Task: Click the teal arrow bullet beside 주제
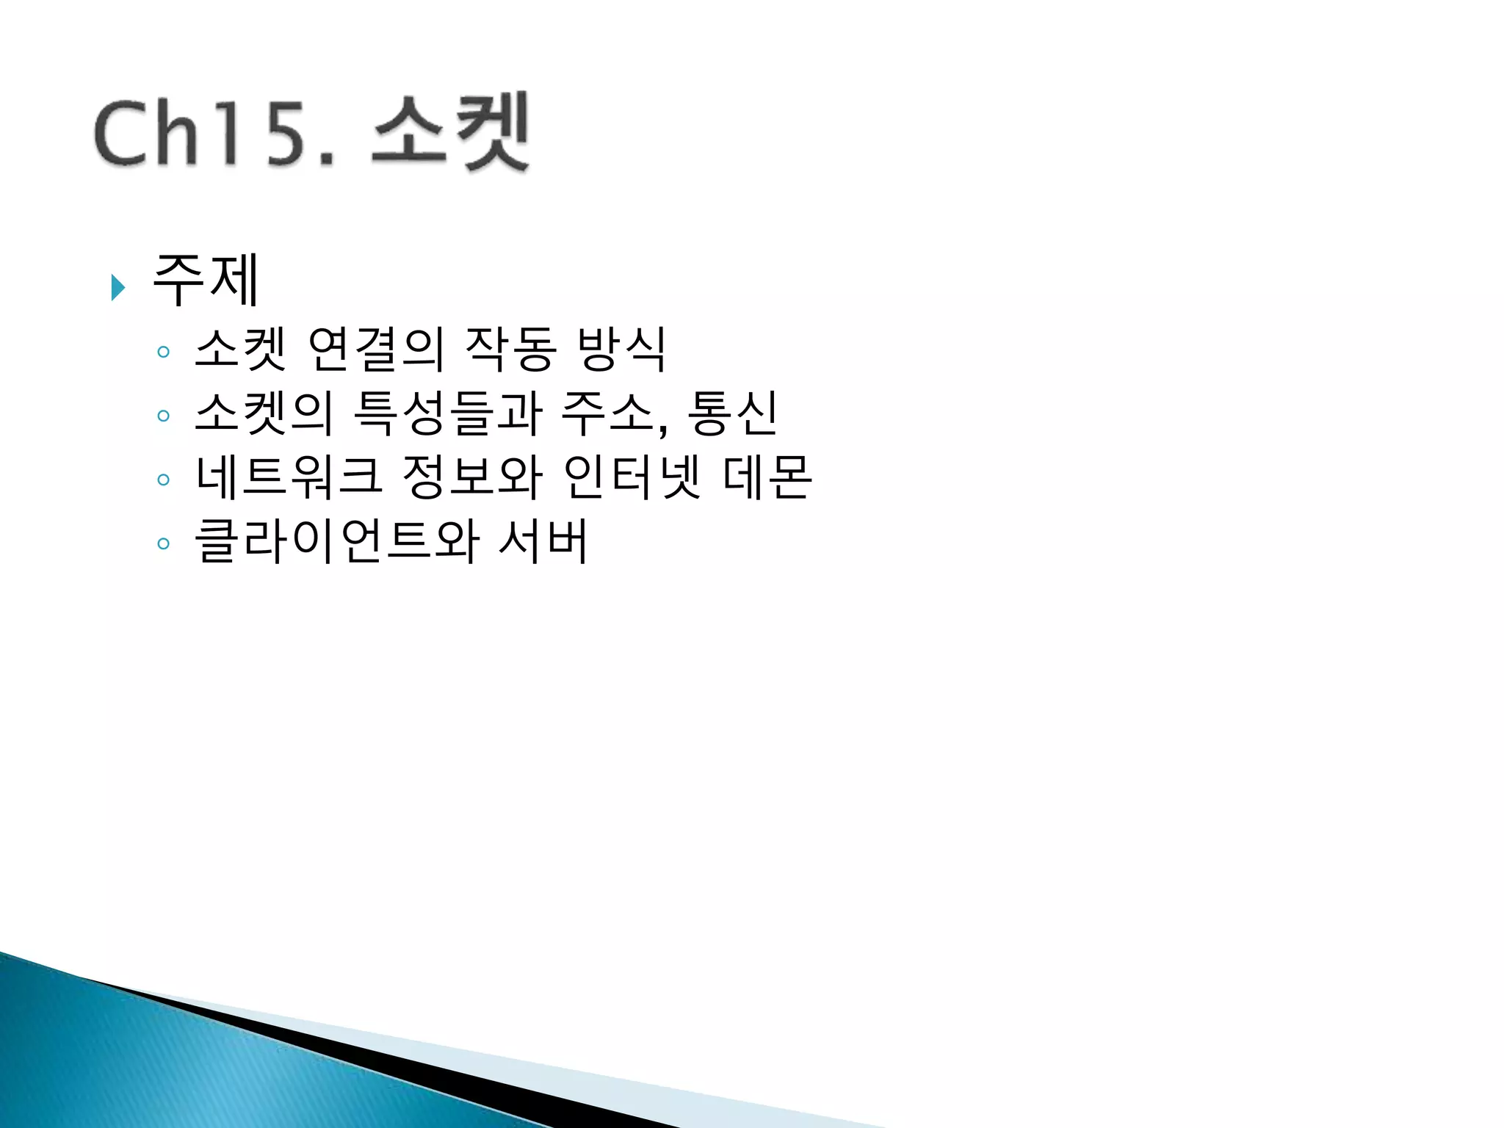pos(117,287)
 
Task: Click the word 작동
pos(510,349)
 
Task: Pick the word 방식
pos(621,349)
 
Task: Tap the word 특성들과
pos(448,413)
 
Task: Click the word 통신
pos(731,413)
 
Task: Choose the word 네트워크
pos(289,477)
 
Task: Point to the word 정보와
pos(472,477)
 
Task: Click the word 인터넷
pos(632,477)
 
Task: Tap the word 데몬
pos(767,477)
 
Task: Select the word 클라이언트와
pos(337,542)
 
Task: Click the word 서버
pos(543,542)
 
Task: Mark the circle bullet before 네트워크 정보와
pos(163,480)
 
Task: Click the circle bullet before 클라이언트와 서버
pos(163,544)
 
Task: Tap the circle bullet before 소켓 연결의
pos(163,352)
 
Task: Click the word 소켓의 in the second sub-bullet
pos(264,413)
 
